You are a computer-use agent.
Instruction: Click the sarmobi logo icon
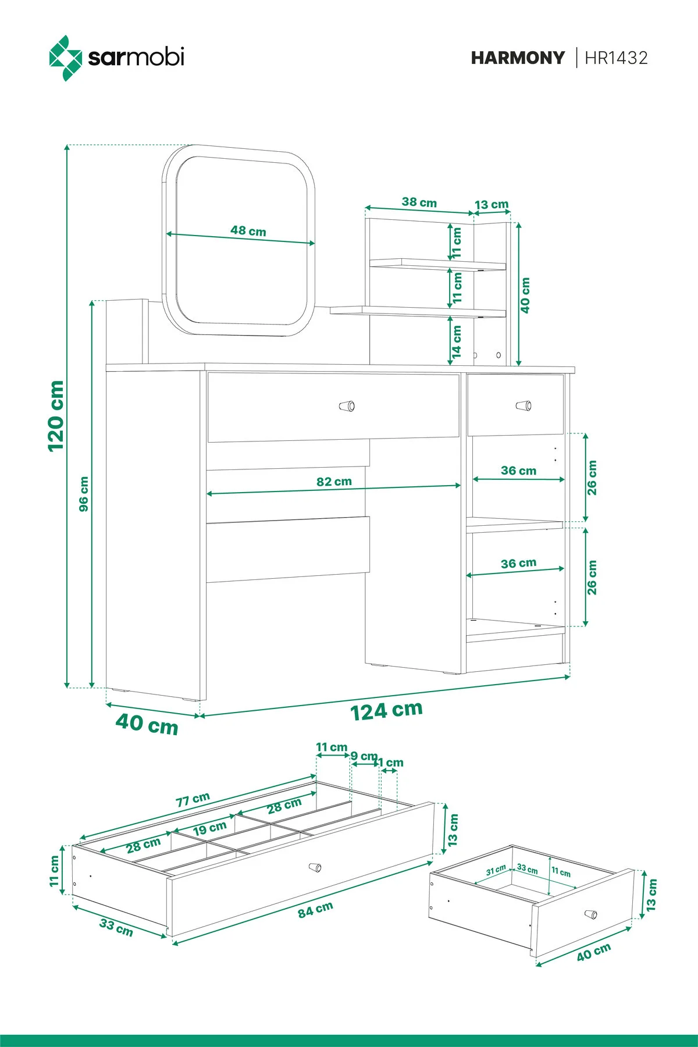(65, 58)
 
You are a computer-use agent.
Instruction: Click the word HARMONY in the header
(518, 58)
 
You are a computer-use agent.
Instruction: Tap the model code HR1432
(616, 58)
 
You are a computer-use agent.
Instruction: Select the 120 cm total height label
(56, 415)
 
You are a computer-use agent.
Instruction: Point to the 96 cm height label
(84, 494)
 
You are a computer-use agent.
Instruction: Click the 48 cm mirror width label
(248, 231)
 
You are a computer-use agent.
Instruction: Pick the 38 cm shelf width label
(419, 202)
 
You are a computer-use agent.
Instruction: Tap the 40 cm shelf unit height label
(525, 295)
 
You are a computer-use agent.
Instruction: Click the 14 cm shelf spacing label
(457, 341)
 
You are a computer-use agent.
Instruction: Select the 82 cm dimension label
(334, 482)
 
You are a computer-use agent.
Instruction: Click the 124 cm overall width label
(386, 710)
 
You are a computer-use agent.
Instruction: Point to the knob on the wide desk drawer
(347, 405)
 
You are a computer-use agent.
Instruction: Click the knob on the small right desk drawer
(524, 405)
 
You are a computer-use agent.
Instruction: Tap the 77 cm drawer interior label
(193, 800)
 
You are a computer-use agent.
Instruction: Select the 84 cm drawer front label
(315, 910)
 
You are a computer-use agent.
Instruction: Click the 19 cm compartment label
(209, 828)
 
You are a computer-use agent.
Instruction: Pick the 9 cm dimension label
(364, 756)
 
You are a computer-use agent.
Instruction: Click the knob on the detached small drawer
(591, 914)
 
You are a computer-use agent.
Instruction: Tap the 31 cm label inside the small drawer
(496, 871)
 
